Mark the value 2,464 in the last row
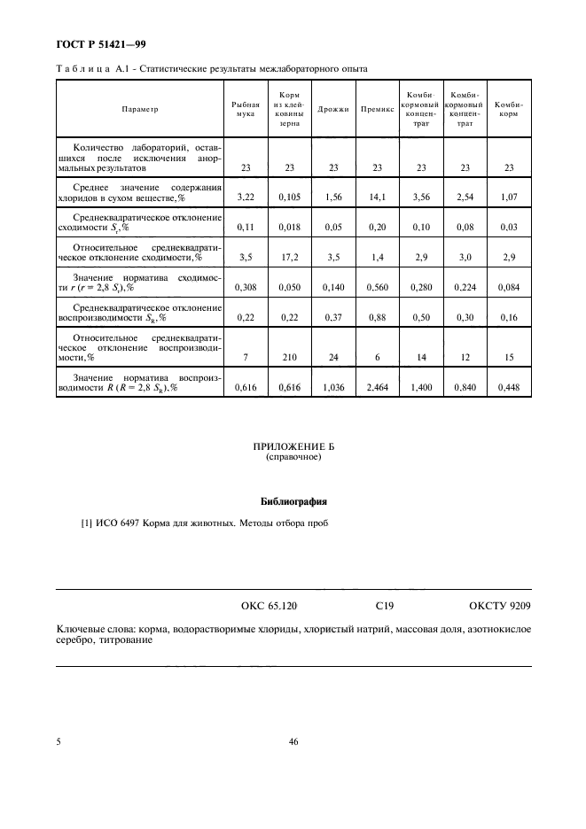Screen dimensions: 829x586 click(x=377, y=387)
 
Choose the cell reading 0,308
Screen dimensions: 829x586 click(x=245, y=287)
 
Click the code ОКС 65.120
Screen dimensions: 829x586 click(x=269, y=607)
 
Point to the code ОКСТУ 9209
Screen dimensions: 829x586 click(x=500, y=607)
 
